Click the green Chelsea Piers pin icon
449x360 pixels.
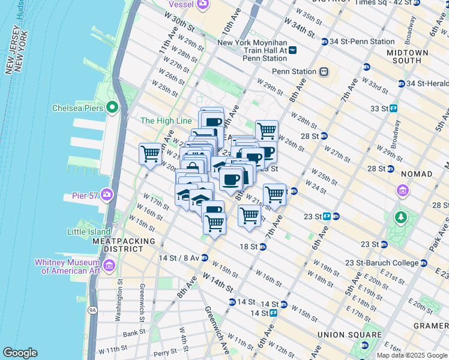coord(112,108)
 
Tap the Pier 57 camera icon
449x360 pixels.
coord(107,194)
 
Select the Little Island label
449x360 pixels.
coord(89,232)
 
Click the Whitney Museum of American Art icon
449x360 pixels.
coord(109,265)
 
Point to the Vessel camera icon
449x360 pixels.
coord(203,4)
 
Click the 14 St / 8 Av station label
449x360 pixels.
coord(176,258)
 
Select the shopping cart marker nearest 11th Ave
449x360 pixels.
coord(149,154)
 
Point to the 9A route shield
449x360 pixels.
coord(92,310)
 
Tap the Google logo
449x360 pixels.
coord(20,353)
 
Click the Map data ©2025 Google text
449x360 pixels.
coord(412,355)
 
